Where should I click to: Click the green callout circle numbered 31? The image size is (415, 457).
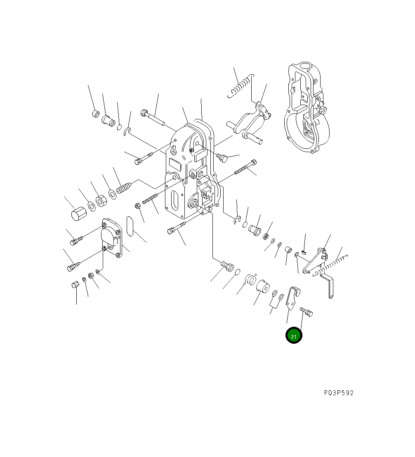pyautogui.click(x=294, y=335)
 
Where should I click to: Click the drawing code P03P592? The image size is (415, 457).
pyautogui.click(x=339, y=393)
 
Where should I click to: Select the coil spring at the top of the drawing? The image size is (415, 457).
pyautogui.click(x=241, y=86)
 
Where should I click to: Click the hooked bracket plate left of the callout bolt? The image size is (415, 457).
pyautogui.click(x=292, y=298)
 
